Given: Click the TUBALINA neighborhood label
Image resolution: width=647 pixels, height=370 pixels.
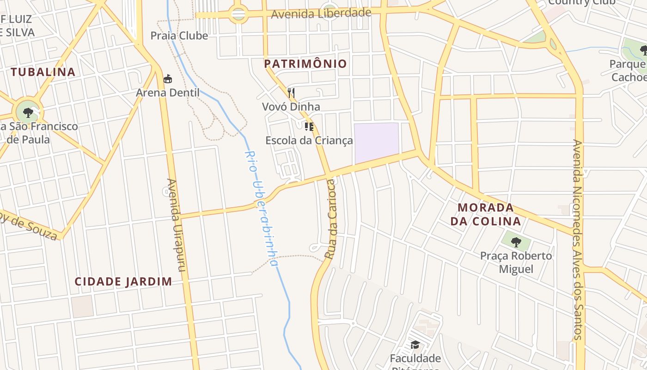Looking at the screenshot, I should tap(43, 72).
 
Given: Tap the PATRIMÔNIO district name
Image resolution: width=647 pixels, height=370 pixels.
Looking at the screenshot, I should tap(305, 64).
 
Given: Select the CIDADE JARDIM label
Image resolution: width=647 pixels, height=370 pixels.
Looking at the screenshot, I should tap(123, 281).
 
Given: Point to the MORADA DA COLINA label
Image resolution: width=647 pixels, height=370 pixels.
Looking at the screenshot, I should tap(486, 214).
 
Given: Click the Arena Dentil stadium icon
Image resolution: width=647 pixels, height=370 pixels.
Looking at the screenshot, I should tap(168, 79).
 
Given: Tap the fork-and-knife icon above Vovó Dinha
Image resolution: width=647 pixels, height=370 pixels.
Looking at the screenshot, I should tap(291, 93).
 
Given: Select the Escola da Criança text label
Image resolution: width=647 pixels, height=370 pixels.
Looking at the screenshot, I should tap(309, 140).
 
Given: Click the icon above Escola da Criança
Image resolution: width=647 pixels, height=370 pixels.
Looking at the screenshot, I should tap(309, 126).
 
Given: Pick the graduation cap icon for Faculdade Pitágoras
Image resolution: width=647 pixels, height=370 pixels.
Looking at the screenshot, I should tap(415, 345).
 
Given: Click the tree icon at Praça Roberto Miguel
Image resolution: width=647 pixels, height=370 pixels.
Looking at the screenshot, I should tap(516, 241).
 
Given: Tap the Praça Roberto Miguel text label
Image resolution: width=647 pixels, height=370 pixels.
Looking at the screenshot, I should tap(516, 262).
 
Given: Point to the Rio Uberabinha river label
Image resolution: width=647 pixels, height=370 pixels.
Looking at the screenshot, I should tap(262, 208).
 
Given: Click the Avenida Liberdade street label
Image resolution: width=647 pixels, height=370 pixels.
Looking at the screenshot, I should tap(321, 13).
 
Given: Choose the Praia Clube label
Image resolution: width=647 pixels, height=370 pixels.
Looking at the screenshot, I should tap(179, 36).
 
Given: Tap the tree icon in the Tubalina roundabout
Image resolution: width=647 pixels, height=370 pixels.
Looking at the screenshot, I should tap(28, 112).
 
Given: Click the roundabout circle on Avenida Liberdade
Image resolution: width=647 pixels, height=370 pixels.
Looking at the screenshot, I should tap(238, 15).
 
